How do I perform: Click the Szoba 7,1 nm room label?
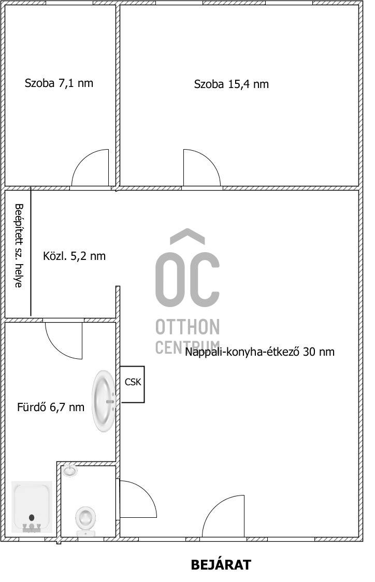pos(59,83)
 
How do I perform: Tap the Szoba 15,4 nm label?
pos(232,84)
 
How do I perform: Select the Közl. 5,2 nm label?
pos(74,256)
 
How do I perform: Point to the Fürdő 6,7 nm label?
pos(50,407)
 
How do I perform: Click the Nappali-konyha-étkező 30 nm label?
pos(259,352)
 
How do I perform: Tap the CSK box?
pos(133,384)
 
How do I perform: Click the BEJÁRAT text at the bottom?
pos(221,565)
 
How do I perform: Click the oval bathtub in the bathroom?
pos(104,401)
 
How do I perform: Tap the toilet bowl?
pos(85,520)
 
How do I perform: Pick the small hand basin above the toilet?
pos(69,471)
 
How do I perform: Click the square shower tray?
pos(32,506)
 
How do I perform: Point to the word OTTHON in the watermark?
pos(187,327)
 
